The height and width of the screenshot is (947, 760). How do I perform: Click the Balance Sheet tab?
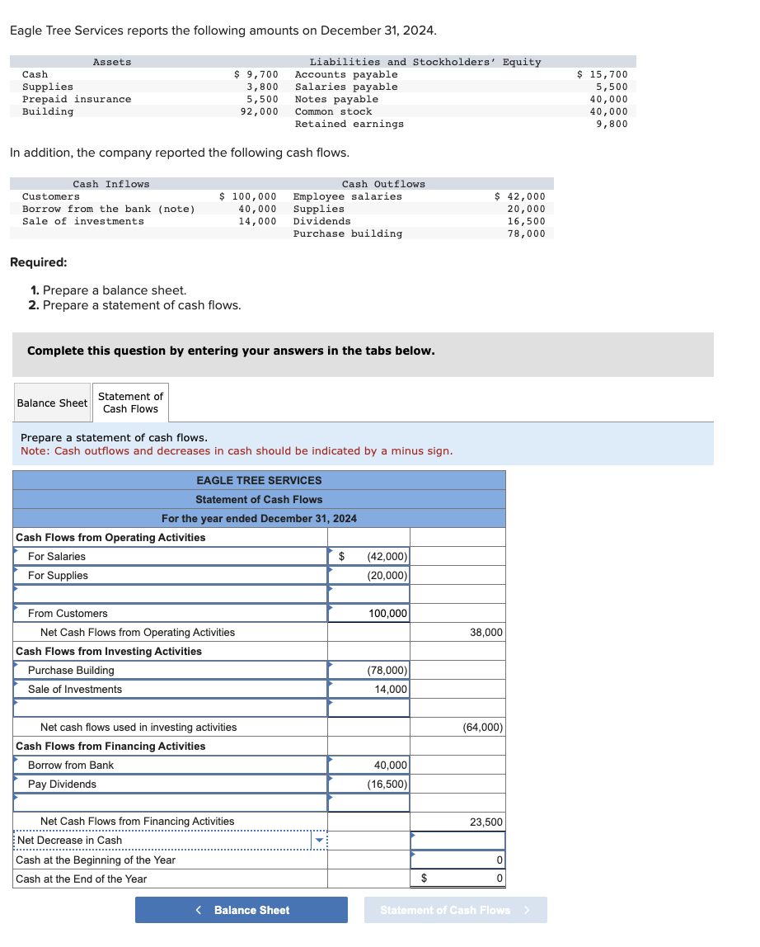click(x=52, y=403)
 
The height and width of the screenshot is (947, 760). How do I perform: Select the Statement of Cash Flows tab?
click(x=130, y=403)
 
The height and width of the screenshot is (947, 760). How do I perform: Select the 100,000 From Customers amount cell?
click(x=369, y=614)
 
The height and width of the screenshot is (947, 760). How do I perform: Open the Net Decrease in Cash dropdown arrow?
click(x=319, y=841)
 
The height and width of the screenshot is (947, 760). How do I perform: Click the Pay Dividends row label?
click(x=62, y=784)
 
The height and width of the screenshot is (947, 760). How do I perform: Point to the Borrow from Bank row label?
click(x=71, y=766)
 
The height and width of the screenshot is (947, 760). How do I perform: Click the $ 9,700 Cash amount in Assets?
click(x=256, y=74)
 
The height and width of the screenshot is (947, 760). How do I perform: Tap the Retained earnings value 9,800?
click(x=611, y=124)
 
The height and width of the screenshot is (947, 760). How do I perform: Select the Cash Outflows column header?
click(x=383, y=184)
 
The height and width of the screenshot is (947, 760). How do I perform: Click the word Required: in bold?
click(x=38, y=262)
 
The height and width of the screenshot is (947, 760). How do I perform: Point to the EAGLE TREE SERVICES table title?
click(x=259, y=480)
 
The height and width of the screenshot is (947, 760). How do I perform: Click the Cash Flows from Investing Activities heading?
click(x=109, y=652)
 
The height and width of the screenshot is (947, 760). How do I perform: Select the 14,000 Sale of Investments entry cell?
click(x=369, y=690)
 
